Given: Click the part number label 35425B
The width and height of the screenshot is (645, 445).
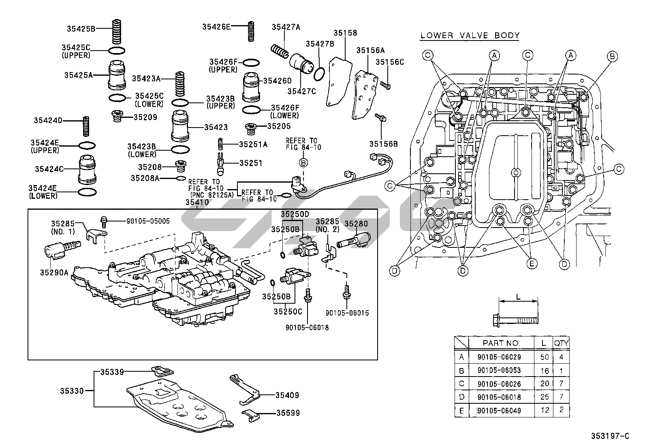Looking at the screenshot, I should pos(81,29).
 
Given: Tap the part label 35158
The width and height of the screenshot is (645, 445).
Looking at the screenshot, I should pos(345,33).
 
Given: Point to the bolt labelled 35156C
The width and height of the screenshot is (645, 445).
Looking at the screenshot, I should pos(385,85).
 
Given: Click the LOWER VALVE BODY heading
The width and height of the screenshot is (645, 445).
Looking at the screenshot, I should pos(470,35).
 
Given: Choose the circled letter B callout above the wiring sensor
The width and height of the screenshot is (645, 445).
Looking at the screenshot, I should pos(303,162).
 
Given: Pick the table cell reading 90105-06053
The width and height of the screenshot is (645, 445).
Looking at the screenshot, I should pos(499,370).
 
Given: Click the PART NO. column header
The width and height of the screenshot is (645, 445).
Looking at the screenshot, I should pos(501,343).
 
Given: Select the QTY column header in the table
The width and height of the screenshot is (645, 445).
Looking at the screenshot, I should pos(562,343).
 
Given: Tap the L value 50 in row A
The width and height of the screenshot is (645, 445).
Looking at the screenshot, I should pos(545,357).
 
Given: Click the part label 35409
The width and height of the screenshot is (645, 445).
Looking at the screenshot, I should pos(287,395).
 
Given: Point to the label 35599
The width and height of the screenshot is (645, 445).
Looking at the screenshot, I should pos(288,413).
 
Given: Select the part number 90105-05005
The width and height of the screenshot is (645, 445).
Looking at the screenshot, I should pos(148,221).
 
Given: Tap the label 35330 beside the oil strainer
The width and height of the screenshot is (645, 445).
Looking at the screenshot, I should pos(72,391).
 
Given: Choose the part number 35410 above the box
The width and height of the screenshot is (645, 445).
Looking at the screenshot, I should pos(197,202).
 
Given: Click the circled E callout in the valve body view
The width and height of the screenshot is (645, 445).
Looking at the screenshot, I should pos(532,264).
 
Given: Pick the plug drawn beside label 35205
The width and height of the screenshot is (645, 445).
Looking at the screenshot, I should pos(251,129).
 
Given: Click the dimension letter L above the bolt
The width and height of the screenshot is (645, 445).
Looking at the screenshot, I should pos(518,296).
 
